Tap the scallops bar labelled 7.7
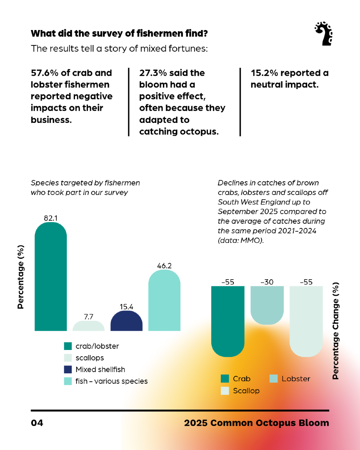pyautogui.click(x=88, y=326)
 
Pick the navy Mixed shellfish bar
pyautogui.click(x=126, y=321)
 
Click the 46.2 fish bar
pyautogui.click(x=164, y=300)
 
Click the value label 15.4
pyautogui.click(x=126, y=307)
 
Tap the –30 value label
pyautogui.click(x=267, y=282)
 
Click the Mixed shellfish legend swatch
pyautogui.click(x=68, y=370)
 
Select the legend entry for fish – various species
pyautogui.click(x=111, y=381)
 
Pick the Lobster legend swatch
pyautogui.click(x=273, y=379)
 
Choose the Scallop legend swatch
pyautogui.click(x=225, y=391)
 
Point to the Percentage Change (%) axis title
pyautogui.click(x=336, y=331)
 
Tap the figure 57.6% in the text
pyautogui.click(x=45, y=73)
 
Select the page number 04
pyautogui.click(x=37, y=423)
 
